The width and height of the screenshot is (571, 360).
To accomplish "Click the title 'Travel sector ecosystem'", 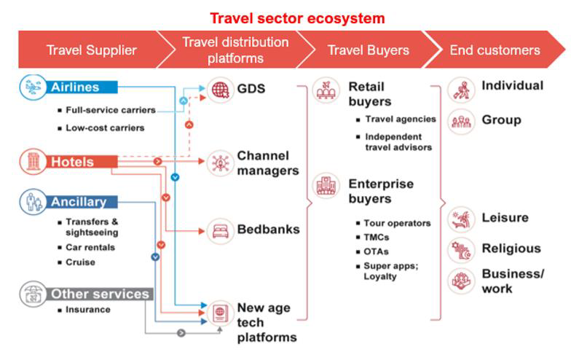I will coord(297,17).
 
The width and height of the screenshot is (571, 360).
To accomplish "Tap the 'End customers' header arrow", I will coord(495,50).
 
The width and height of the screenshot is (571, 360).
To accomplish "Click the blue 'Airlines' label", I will coord(74,87).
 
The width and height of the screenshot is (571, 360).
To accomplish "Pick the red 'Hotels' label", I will coord(71,162).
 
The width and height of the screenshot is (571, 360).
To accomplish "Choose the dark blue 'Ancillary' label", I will coord(78,202).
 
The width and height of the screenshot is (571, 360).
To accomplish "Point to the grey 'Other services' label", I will coord(100,294).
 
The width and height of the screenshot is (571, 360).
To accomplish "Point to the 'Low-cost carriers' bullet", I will coord(105,128).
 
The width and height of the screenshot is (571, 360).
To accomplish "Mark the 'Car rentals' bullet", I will coord(90,247).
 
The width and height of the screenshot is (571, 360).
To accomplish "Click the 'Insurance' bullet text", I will coord(88,310).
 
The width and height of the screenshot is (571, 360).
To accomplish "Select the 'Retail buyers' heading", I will coord(370,94).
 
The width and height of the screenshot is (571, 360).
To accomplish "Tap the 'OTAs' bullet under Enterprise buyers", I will coord(377,251).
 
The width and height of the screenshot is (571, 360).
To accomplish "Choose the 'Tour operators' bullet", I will coord(397,223).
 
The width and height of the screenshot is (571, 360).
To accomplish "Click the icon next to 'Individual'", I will coord(461,89).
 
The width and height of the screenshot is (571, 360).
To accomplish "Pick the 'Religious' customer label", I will coord(511,249).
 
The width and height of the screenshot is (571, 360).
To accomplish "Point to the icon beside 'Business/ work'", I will coord(461,281).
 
